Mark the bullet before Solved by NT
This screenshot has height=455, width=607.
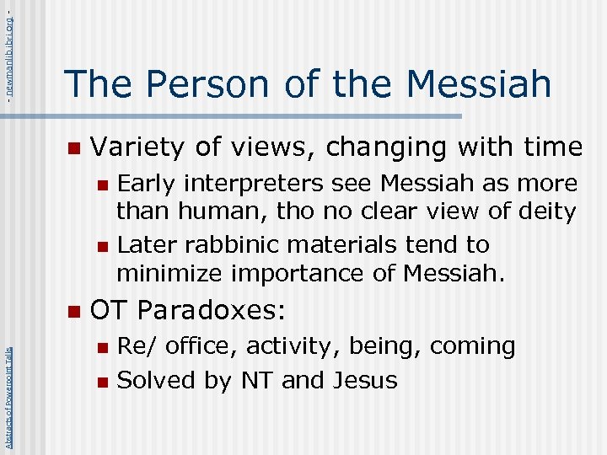102,382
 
